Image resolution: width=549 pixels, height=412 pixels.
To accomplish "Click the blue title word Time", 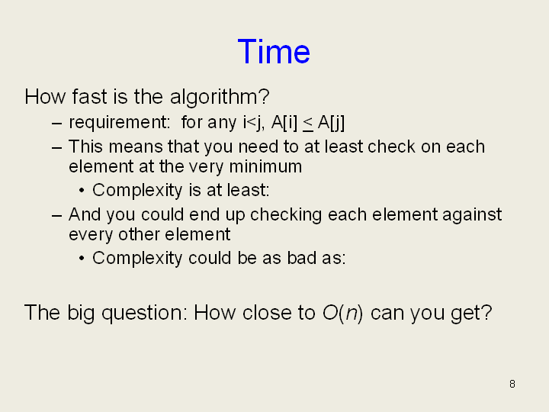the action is [x=274, y=52].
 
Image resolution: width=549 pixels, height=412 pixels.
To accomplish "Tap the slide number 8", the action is [x=512, y=384].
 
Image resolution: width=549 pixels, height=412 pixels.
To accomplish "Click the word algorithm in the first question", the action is [x=220, y=97].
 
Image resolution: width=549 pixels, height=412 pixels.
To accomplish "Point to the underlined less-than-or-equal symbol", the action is [x=308, y=124].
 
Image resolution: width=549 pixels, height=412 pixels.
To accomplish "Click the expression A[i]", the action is [x=284, y=123].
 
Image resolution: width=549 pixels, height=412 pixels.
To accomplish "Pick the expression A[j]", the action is [x=331, y=123].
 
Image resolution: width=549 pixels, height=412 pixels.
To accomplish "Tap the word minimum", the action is [x=265, y=166].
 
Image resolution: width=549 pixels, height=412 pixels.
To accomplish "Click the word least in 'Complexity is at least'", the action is [x=248, y=190].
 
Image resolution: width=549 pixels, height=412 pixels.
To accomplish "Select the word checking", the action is [x=286, y=214].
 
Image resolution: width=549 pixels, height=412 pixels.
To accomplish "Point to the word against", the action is [x=472, y=214].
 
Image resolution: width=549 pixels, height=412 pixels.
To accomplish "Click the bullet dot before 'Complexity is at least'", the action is [x=82, y=191].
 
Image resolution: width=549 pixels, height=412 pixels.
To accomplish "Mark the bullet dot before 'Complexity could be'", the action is [x=82, y=259].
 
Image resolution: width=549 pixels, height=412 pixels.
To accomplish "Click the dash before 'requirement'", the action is [x=56, y=124].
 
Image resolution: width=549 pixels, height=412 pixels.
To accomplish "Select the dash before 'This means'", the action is [x=56, y=147].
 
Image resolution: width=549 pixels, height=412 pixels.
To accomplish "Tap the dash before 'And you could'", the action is [x=56, y=215].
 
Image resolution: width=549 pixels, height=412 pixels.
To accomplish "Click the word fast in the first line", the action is [x=89, y=97].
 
